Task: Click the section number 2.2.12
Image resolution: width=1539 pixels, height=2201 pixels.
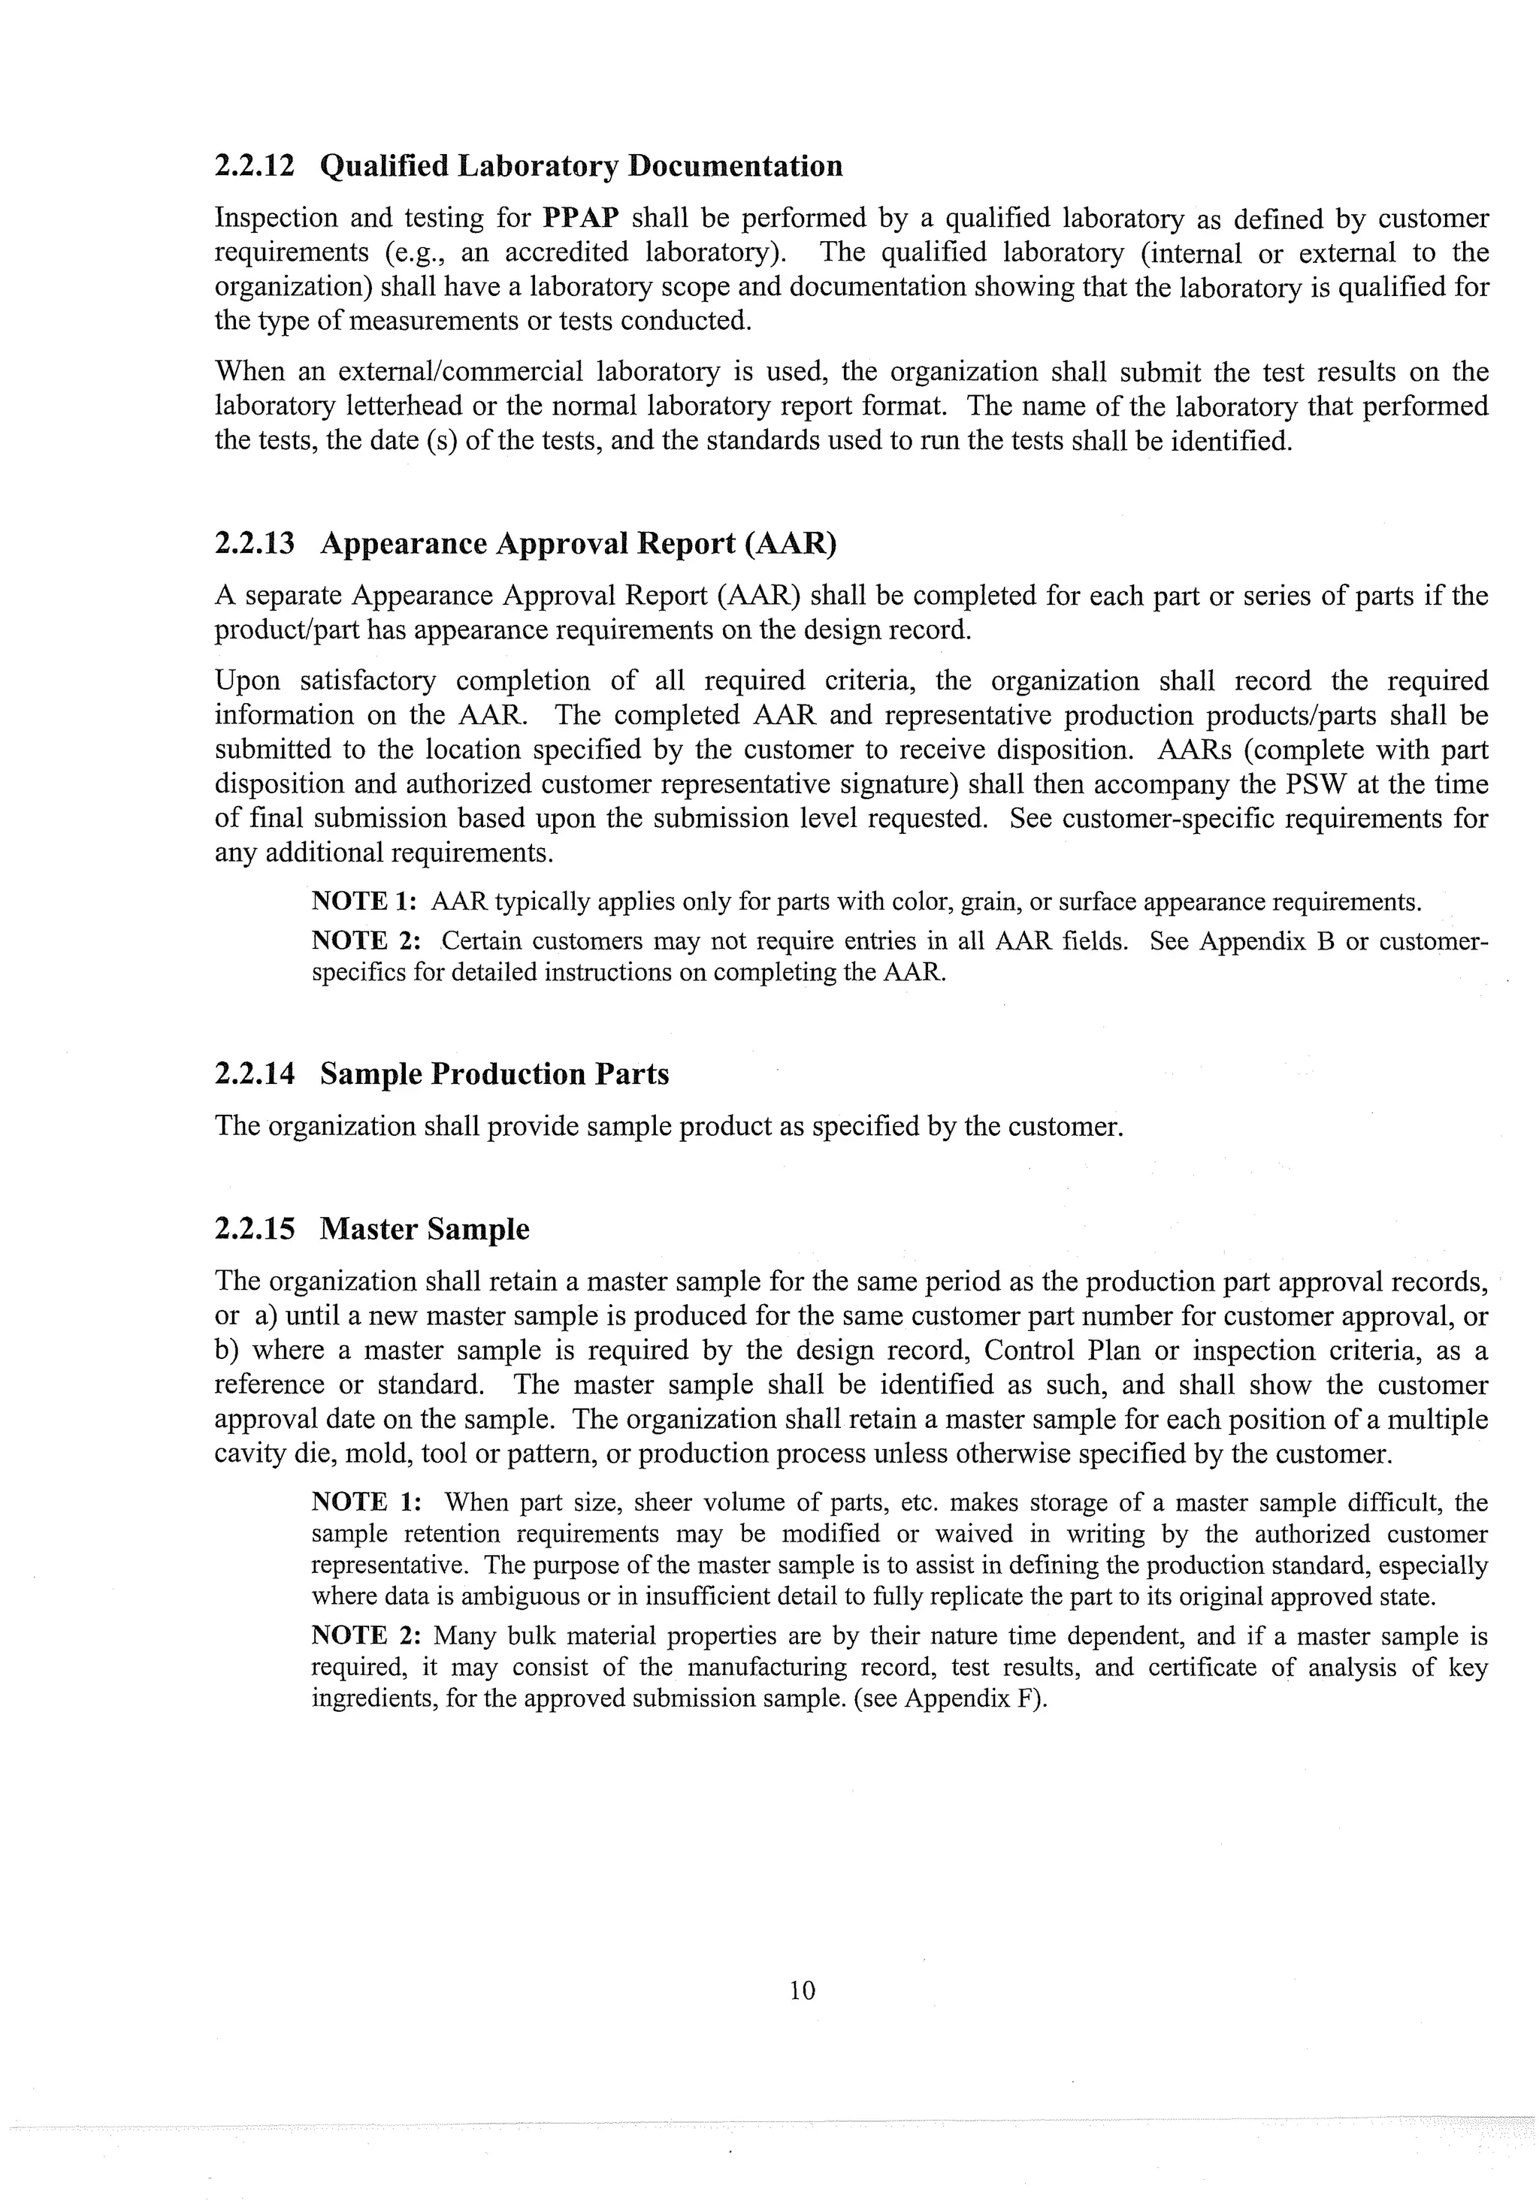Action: [254, 167]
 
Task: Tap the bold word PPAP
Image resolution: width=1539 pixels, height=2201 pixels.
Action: [580, 219]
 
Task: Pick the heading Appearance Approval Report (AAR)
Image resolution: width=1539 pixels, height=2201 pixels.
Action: [578, 544]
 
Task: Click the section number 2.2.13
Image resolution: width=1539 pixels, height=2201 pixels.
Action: [254, 544]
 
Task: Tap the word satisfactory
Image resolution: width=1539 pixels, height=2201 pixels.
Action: [367, 681]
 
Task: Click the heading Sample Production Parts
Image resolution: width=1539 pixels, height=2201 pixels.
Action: [494, 1075]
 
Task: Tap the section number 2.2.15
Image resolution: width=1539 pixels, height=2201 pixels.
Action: [254, 1230]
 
